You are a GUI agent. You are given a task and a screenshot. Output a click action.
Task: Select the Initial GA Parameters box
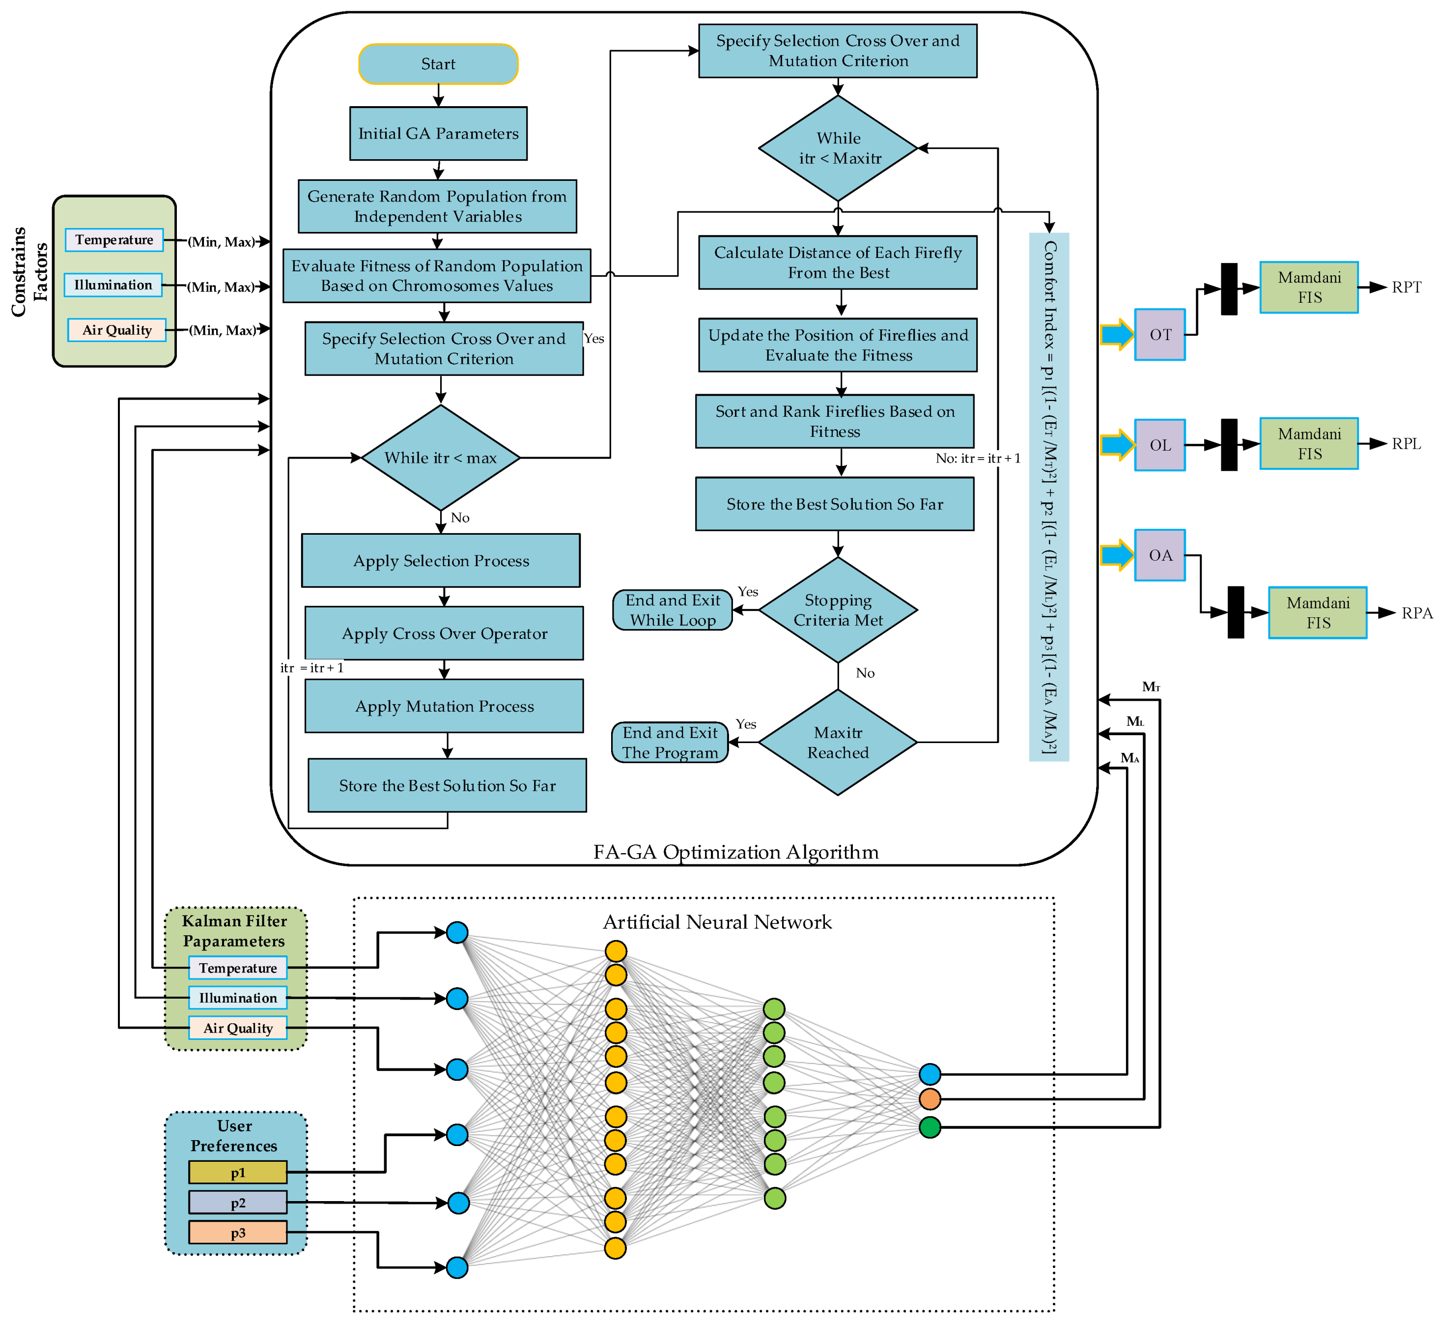[x=438, y=134]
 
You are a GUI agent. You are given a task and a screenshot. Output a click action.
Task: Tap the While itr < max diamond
[x=440, y=458]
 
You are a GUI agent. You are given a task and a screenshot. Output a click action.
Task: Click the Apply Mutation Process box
[x=444, y=706]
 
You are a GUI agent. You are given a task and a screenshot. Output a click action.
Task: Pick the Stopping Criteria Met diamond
[x=838, y=610]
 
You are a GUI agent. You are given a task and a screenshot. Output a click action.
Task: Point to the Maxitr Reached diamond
[x=838, y=743]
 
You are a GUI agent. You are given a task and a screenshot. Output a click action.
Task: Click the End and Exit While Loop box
[x=673, y=610]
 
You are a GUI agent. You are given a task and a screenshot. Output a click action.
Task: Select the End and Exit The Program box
[x=670, y=743]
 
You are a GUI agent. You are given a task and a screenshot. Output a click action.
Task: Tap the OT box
[x=1159, y=335]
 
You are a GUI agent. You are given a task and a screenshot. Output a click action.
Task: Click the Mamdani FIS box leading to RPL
[x=1309, y=444]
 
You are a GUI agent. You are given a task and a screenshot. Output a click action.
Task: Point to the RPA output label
[x=1416, y=613]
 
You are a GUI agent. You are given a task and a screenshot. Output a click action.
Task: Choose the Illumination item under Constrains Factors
[x=113, y=285]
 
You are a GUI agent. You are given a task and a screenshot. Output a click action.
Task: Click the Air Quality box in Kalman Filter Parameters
[x=238, y=1028]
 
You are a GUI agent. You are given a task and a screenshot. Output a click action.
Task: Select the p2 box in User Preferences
[x=238, y=1203]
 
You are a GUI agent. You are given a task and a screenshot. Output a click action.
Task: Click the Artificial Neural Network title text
[x=717, y=922]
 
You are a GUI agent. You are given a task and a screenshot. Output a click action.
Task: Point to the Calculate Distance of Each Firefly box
[x=838, y=262]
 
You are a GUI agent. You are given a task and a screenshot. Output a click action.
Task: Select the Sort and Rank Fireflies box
[x=835, y=422]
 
